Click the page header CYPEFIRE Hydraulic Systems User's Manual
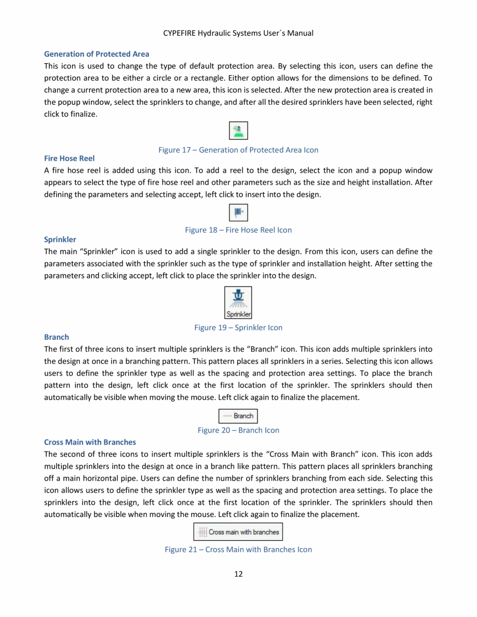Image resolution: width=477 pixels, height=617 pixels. tap(238, 33)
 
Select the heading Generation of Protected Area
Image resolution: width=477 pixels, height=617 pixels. tap(97, 54)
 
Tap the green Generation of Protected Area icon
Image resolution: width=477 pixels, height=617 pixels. tap(238, 131)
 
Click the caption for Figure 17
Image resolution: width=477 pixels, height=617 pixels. tap(238, 150)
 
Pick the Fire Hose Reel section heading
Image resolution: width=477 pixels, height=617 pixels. tap(69, 158)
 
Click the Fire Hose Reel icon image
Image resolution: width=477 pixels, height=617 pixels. tap(238, 213)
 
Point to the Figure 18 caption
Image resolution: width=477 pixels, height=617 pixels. tap(238, 230)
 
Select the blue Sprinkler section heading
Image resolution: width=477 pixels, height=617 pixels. tap(60, 240)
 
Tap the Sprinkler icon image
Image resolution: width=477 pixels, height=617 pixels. tap(238, 302)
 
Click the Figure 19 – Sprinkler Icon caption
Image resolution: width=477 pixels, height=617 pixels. tap(238, 327)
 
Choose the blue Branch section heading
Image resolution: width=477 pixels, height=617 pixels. tap(56, 337)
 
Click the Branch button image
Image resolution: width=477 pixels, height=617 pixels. tap(238, 416)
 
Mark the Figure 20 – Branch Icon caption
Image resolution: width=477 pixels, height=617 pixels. tap(238, 430)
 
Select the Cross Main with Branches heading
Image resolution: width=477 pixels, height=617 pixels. tap(90, 442)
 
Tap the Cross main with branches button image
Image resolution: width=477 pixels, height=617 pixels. tap(238, 532)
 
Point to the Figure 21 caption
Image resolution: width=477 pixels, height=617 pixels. tap(238, 549)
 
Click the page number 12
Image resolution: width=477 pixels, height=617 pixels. tap(238, 573)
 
